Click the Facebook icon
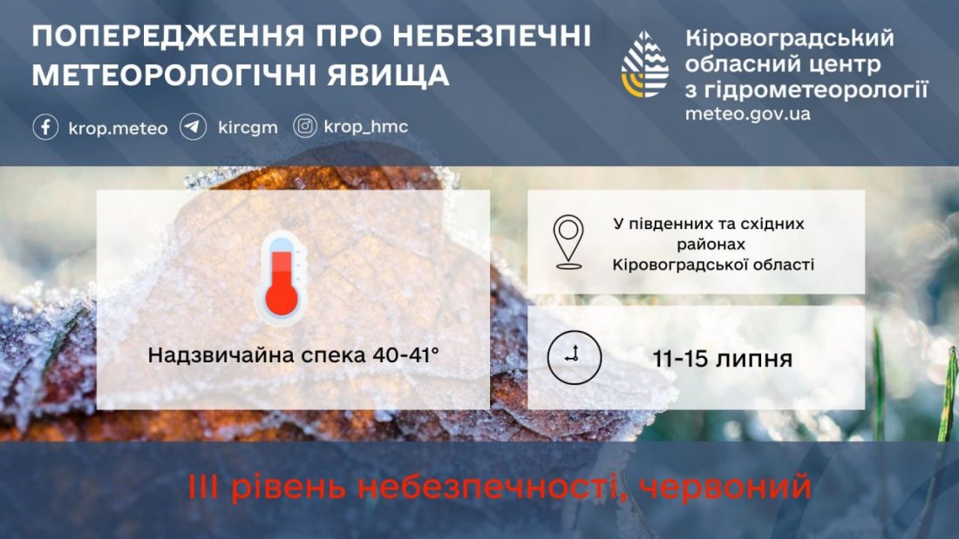(x=45, y=127)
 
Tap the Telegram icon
(x=194, y=127)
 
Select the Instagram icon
(x=304, y=126)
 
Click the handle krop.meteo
(x=118, y=128)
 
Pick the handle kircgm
(x=248, y=127)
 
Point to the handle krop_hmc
(x=366, y=126)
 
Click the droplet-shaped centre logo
(x=644, y=64)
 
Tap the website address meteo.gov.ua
(x=747, y=114)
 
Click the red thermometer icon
(x=282, y=279)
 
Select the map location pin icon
(x=568, y=242)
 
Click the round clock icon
(x=574, y=358)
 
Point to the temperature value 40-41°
(x=405, y=354)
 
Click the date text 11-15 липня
(x=723, y=359)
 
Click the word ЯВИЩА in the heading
(x=388, y=75)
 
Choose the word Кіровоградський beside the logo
(x=790, y=39)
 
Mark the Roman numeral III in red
(x=206, y=487)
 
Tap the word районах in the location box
(x=711, y=245)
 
